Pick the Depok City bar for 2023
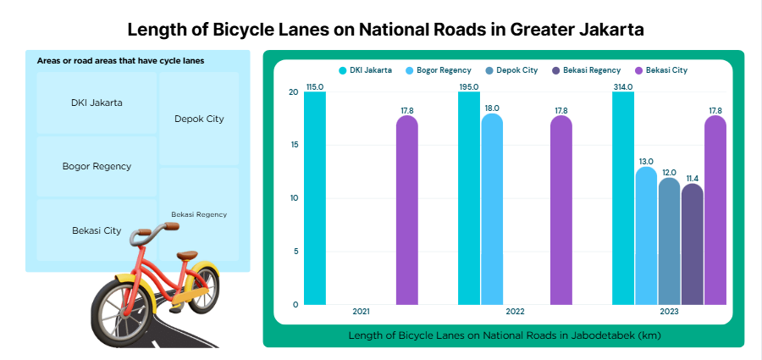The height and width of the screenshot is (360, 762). [669, 241]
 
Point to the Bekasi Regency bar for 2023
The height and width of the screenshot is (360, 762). [692, 244]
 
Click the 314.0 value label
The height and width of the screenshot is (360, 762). [623, 86]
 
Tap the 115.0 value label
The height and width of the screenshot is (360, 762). [315, 86]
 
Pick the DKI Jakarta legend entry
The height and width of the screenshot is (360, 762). [365, 70]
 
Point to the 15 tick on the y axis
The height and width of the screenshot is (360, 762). [293, 145]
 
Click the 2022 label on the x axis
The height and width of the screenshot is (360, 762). [515, 313]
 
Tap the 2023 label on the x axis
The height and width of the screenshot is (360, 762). [669, 313]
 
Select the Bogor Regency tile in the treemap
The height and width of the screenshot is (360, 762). [97, 166]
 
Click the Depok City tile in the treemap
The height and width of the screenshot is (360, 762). [199, 119]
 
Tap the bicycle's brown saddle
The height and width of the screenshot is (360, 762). [186, 255]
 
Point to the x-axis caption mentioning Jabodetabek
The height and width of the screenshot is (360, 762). [505, 335]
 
